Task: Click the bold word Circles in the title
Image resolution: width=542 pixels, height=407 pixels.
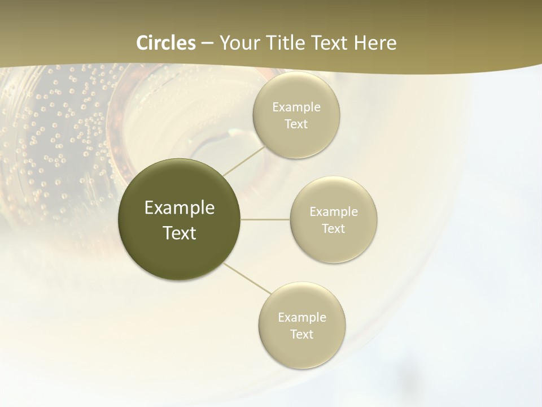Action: point(165,43)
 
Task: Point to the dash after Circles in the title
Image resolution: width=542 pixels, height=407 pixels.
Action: point(207,44)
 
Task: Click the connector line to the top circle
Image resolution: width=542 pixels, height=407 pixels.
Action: point(244,161)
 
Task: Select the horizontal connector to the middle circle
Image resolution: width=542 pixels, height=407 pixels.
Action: point(265,219)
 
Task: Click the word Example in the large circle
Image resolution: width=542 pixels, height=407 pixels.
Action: point(180,208)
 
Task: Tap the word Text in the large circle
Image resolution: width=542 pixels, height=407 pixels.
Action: point(179,233)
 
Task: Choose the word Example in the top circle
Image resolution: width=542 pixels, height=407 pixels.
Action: point(296,107)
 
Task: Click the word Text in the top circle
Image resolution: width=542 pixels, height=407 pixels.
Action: point(296,124)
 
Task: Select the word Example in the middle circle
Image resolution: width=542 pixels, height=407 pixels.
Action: point(334,212)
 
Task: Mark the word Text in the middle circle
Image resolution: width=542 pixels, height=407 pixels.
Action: point(333,228)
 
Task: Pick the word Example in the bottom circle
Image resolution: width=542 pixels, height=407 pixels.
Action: point(302,318)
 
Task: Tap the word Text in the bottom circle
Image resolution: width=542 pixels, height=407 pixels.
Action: point(301,334)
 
